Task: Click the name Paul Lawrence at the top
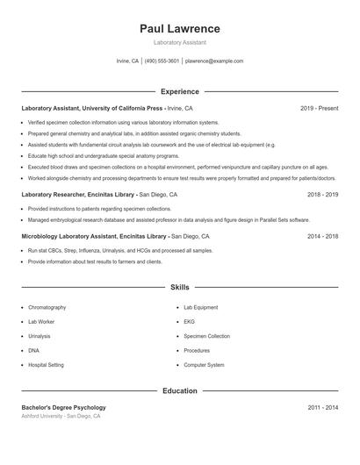(179, 29)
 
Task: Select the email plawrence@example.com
(214, 61)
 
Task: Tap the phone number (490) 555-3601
(162, 61)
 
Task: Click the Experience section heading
(179, 91)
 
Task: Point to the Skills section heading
(179, 287)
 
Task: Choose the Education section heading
(179, 390)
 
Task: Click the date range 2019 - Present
(319, 108)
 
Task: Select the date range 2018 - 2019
(322, 194)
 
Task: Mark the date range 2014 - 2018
(322, 236)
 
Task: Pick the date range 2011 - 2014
(322, 407)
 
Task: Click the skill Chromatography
(47, 308)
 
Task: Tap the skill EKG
(189, 322)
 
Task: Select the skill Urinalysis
(40, 336)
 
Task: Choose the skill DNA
(33, 350)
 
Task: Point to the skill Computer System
(204, 364)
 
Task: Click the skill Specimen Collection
(206, 336)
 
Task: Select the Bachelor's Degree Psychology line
(64, 407)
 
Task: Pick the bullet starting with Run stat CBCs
(115, 251)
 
